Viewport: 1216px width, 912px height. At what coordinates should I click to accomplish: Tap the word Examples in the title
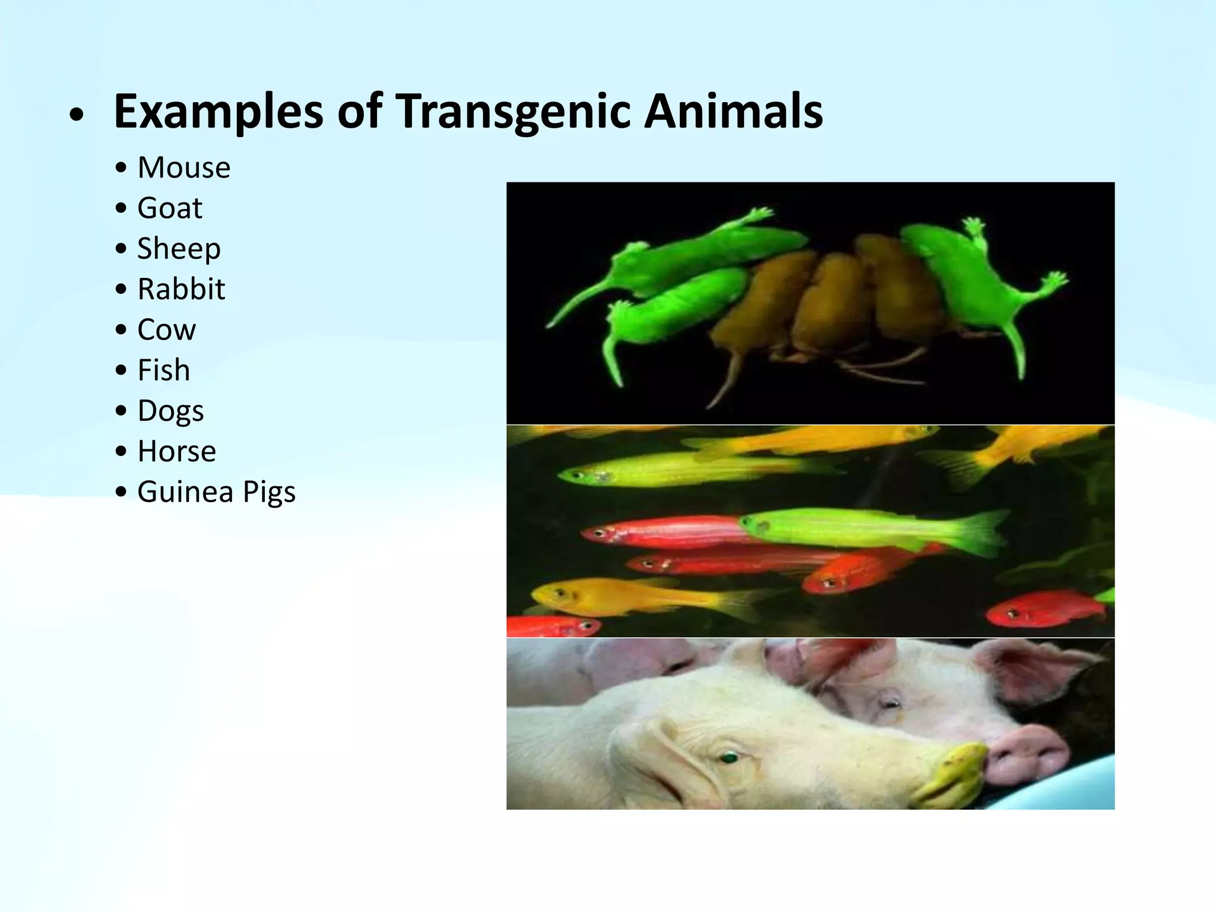point(218,112)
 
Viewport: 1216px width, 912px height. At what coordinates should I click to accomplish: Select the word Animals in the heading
point(733,112)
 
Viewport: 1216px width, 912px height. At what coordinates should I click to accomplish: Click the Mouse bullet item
point(183,167)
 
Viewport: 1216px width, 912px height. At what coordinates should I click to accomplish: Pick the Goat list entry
point(170,208)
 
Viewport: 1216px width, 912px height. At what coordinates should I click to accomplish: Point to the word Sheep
point(179,248)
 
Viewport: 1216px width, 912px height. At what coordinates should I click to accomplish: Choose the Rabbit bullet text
point(181,289)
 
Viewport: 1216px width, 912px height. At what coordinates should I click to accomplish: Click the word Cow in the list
point(166,330)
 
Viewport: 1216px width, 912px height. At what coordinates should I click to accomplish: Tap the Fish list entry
point(164,370)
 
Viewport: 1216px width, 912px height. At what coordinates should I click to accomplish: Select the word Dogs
point(170,411)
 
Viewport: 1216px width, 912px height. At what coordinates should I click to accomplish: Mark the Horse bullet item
point(176,451)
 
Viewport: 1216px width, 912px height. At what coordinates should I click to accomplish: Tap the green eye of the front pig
point(729,757)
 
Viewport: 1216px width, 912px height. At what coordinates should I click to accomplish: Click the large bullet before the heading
point(75,115)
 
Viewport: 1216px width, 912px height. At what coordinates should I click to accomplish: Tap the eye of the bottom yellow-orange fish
point(559,592)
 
